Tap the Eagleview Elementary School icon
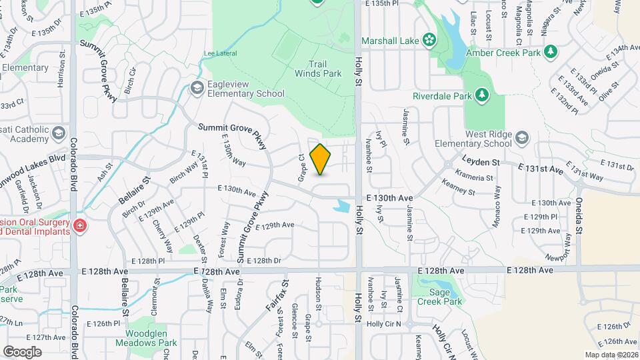point(197,87)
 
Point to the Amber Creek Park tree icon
point(551,51)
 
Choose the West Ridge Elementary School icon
point(522,138)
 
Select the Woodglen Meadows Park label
point(147,338)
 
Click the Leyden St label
point(481,161)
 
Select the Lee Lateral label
point(220,53)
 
